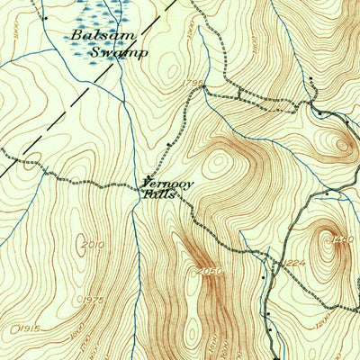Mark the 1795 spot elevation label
pyautogui.click(x=193, y=84)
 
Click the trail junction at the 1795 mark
pyautogui.click(x=204, y=88)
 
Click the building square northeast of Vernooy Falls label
pyautogui.click(x=169, y=143)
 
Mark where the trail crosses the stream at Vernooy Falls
pyautogui.click(x=136, y=185)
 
